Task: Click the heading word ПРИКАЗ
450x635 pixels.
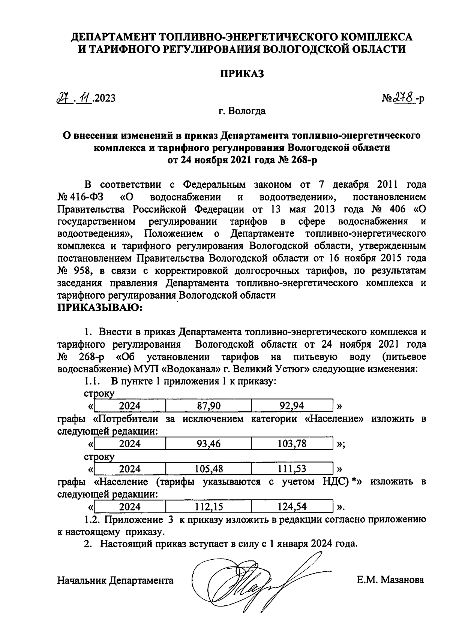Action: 241,73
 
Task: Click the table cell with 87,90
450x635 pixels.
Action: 208,406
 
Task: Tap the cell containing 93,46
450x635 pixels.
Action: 208,444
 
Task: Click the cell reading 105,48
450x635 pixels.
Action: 208,469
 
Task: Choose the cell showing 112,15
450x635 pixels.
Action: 208,507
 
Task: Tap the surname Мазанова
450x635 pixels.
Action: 402,580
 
